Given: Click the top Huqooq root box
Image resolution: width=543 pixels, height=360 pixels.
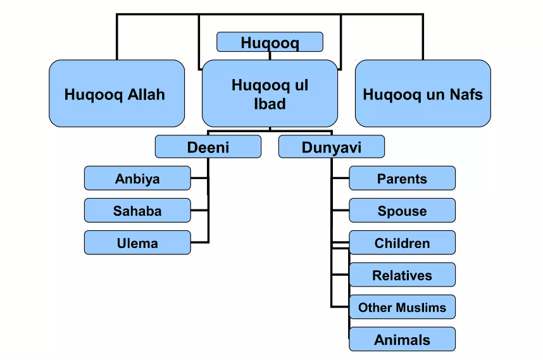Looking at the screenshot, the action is click(270, 42).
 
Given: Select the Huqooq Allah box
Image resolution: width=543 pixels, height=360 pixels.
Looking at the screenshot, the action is click(116, 94).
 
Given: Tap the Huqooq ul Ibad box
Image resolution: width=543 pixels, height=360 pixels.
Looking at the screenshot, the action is click(270, 94).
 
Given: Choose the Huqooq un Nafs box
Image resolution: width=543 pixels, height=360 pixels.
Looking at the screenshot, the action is click(423, 94).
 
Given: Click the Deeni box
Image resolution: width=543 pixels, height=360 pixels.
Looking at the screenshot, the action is click(208, 147).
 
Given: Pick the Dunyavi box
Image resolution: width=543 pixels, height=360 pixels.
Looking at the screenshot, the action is click(332, 147).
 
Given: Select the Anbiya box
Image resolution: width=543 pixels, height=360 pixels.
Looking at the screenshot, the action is click(137, 178).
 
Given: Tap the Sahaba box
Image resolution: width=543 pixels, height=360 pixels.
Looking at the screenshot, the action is click(137, 211).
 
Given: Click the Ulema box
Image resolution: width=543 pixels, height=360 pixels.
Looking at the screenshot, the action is click(137, 243).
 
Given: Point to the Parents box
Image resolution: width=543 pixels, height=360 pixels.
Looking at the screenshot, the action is click(402, 178).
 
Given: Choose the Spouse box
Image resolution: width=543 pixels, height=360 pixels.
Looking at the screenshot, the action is click(402, 211).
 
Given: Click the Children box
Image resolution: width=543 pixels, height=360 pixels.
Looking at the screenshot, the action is click(402, 243).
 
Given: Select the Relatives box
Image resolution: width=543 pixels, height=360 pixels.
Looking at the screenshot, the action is click(402, 275).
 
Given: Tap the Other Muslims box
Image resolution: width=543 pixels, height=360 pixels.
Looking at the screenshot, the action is click(402, 307).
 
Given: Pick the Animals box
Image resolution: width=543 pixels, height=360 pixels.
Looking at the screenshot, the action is click(402, 339).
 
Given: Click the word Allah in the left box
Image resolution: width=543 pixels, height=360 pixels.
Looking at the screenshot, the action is click(146, 94).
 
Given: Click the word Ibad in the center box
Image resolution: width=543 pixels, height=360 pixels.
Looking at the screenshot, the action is click(270, 104).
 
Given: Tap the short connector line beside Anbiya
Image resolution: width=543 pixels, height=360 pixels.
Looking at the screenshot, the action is click(199, 178).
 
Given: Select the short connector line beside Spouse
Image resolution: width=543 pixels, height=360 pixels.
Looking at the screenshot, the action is click(340, 211).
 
